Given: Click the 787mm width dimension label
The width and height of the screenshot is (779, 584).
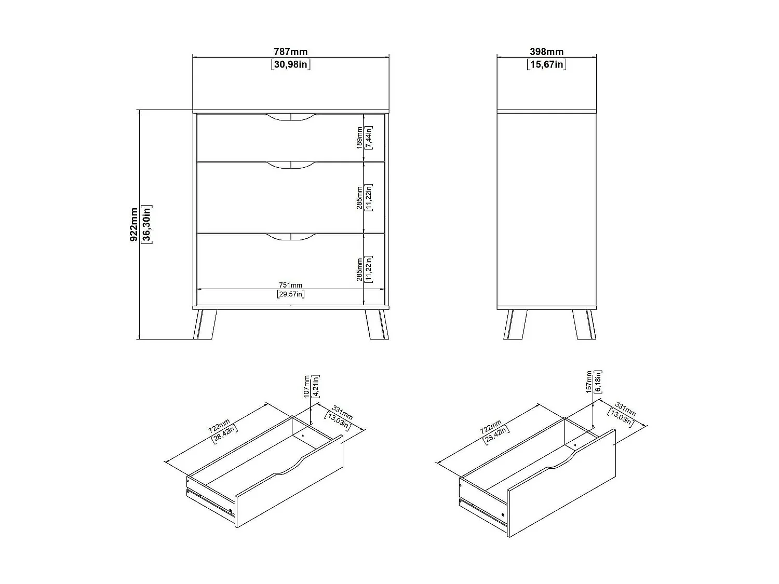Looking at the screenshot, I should [290, 52].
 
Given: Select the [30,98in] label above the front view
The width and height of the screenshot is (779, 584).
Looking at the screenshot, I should [290, 64].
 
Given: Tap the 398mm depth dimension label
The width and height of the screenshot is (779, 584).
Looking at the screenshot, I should [546, 52].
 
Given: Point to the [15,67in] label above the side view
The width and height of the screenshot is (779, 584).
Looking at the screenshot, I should [546, 64].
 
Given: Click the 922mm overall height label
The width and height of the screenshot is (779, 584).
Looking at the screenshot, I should [135, 224].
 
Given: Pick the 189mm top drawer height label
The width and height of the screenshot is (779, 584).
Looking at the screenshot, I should [359, 138].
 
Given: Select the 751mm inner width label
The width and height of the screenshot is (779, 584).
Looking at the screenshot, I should [290, 285].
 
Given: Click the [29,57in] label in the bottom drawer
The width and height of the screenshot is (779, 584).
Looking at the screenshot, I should [290, 294].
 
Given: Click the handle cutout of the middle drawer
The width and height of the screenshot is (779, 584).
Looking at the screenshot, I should [291, 165].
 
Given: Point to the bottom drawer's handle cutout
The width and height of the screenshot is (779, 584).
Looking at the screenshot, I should [291, 237].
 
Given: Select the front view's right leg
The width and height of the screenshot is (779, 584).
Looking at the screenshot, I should [377, 324].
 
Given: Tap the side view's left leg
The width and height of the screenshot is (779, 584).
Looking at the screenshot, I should [515, 324].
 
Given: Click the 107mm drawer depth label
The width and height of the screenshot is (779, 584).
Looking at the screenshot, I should [307, 386].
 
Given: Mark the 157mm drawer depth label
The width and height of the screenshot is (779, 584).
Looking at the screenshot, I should [589, 382].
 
